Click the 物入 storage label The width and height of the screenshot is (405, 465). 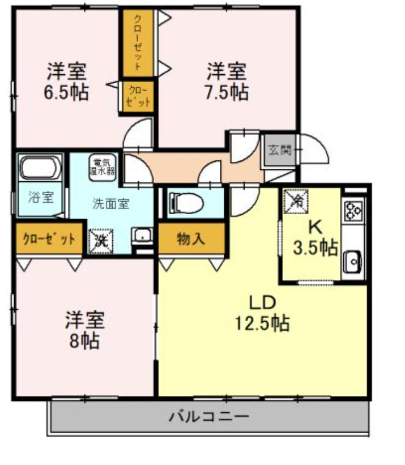[191, 239]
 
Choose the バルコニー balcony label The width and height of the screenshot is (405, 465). [209, 418]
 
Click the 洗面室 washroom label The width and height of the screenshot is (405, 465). [110, 204]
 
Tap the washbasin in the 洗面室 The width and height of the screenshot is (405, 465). [142, 236]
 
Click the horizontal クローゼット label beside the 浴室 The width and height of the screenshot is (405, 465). [49, 238]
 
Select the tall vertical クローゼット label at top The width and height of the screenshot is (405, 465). [138, 42]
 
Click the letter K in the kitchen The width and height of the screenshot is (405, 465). [315, 227]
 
